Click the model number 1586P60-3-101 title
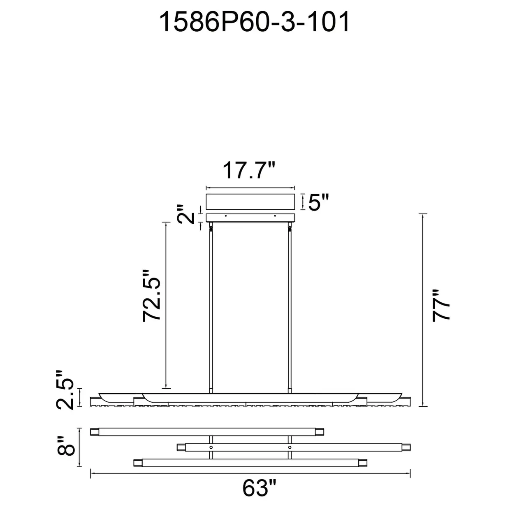[254, 22]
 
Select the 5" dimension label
[318, 202]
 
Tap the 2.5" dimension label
[65, 390]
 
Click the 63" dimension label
[260, 488]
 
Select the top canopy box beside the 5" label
[250, 202]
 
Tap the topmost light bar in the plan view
[207, 432]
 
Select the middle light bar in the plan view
[294, 447]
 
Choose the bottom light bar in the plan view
[250, 463]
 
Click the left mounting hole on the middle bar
[211, 447]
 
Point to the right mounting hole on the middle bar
[290, 447]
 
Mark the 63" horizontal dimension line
[250, 473]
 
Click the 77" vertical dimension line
[423, 310]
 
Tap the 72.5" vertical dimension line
[166, 305]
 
